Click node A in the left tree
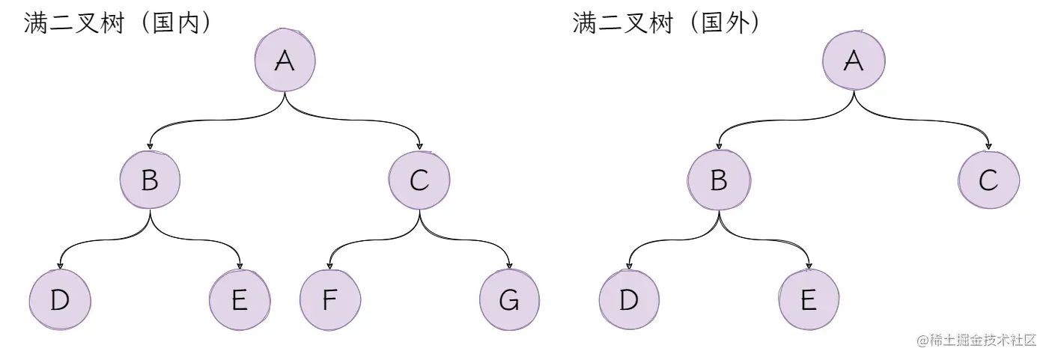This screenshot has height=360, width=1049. pyautogui.click(x=285, y=61)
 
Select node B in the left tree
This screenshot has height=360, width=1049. pyautogui.click(x=150, y=180)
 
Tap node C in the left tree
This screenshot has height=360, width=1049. pyautogui.click(x=419, y=180)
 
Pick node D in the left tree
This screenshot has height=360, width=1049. pyautogui.click(x=60, y=300)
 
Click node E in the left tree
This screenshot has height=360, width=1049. pyautogui.click(x=240, y=300)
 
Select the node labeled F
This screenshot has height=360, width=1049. pyautogui.click(x=329, y=300)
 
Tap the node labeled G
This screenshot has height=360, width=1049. pyautogui.click(x=509, y=300)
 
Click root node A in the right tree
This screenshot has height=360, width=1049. pyautogui.click(x=854, y=61)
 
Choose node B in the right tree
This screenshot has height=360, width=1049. pyautogui.click(x=719, y=180)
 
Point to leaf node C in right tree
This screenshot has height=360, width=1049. pyautogui.click(x=988, y=180)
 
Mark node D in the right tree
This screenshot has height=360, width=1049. pyautogui.click(x=629, y=300)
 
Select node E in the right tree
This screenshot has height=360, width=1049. pyautogui.click(x=809, y=300)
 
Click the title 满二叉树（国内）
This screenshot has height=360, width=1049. pyautogui.click(x=120, y=24)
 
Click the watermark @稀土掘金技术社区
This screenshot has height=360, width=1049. pyautogui.click(x=976, y=340)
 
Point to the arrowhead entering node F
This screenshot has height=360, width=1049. pyautogui.click(x=329, y=266)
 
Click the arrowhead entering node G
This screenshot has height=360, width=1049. pyautogui.click(x=509, y=266)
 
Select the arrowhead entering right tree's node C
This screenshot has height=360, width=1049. pyautogui.click(x=988, y=146)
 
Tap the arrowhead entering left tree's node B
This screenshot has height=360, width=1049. pyautogui.click(x=150, y=146)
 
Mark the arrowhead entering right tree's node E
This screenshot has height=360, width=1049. pyautogui.click(x=809, y=266)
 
